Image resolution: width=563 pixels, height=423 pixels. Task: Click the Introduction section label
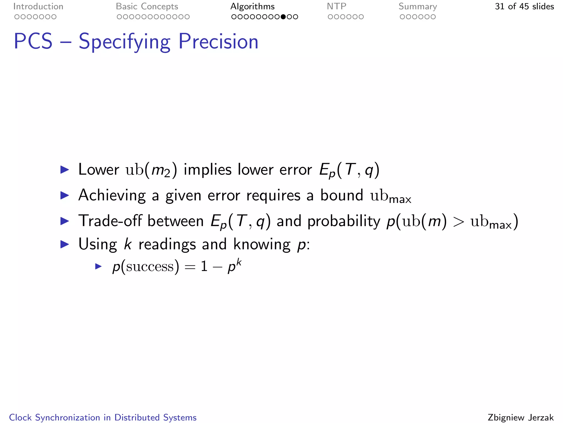pyautogui.click(x=38, y=7)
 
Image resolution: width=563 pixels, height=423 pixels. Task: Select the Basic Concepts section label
pyautogui.click(x=147, y=7)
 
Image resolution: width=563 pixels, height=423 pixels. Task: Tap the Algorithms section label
pyautogui.click(x=252, y=7)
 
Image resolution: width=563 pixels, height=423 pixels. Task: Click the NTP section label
pyautogui.click(x=336, y=7)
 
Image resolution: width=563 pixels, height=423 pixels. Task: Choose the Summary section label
pyautogui.click(x=418, y=7)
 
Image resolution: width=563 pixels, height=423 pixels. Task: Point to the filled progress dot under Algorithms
pyautogui.click(x=283, y=17)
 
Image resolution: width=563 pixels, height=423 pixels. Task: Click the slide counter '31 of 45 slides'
pyautogui.click(x=524, y=7)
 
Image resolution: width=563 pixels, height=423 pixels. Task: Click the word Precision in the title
pyautogui.click(x=218, y=42)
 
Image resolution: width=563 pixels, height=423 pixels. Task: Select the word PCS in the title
pyautogui.click(x=33, y=42)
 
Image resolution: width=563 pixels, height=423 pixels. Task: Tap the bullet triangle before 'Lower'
pyautogui.click(x=65, y=170)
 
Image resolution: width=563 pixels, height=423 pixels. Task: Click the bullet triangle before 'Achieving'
pyautogui.click(x=65, y=196)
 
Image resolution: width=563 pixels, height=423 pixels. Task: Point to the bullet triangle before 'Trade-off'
pyautogui.click(x=65, y=221)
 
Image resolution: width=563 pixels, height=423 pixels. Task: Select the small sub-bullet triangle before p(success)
pyautogui.click(x=98, y=266)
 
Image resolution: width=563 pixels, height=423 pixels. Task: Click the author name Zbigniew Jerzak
pyautogui.click(x=520, y=417)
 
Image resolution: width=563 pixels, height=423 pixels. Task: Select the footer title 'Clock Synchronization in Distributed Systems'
pyautogui.click(x=103, y=417)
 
